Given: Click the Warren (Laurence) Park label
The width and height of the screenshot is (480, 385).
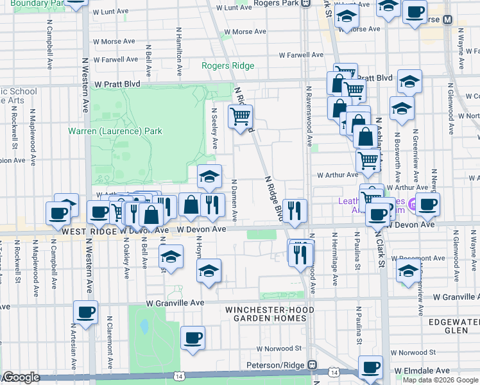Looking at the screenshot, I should [116, 132].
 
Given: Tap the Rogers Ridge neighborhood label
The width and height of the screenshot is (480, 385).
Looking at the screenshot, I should [228, 65].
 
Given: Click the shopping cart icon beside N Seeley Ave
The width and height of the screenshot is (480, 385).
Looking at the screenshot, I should [241, 117].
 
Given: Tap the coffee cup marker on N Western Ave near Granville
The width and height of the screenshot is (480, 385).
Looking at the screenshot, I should [85, 313].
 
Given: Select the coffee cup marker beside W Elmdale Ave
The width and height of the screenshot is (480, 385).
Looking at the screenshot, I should [370, 368].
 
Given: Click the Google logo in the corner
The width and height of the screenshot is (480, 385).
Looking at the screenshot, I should [21, 377].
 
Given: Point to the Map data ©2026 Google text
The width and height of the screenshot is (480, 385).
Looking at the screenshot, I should [440, 380].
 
